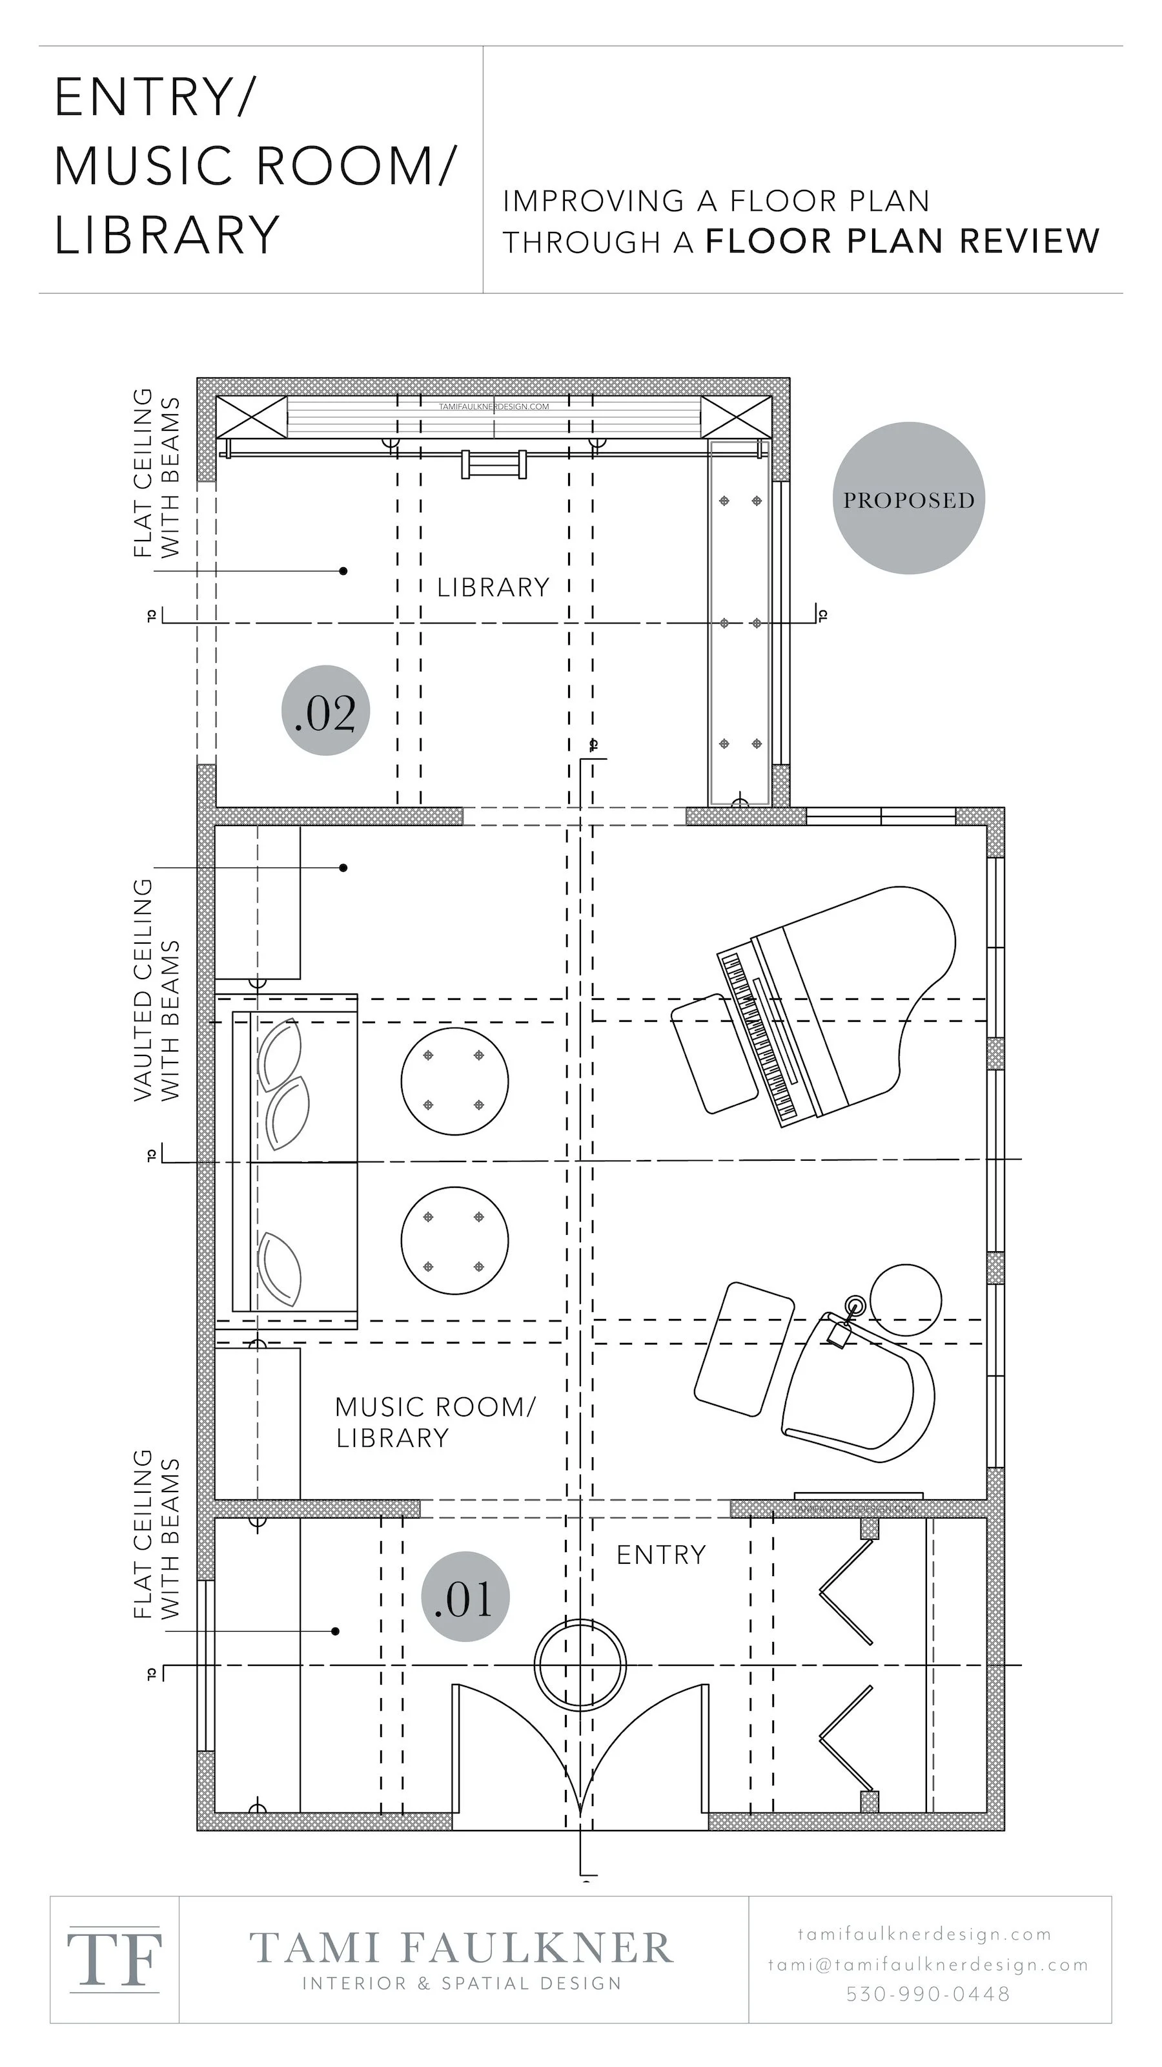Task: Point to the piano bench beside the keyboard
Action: (x=712, y=1053)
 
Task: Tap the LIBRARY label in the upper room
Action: (x=493, y=587)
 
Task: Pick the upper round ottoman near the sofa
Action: (x=454, y=1081)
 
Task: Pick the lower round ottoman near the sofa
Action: (x=454, y=1240)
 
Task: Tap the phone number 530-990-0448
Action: (x=928, y=1994)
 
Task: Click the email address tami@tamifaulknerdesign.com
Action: (x=928, y=1964)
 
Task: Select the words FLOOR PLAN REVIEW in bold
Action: (x=902, y=241)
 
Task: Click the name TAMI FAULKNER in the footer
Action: (x=461, y=1948)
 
